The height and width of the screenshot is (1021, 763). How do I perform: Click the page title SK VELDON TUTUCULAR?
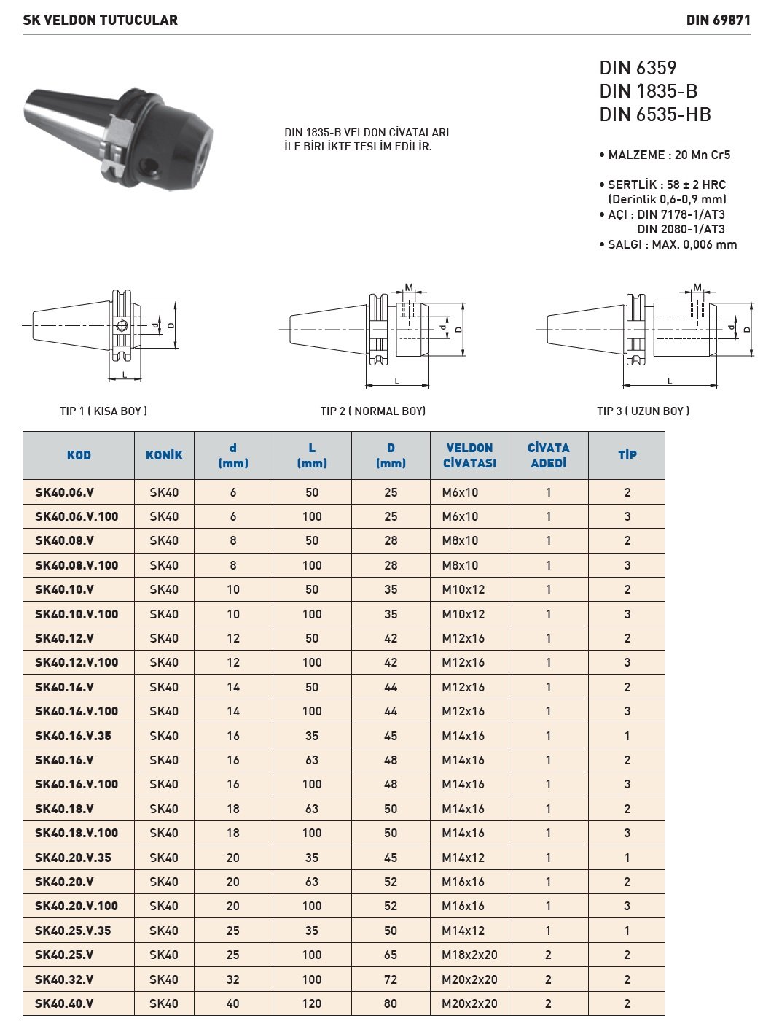pos(100,20)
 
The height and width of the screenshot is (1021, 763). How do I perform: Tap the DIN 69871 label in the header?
pos(718,20)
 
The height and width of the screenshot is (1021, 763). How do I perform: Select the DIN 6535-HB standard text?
pos(654,114)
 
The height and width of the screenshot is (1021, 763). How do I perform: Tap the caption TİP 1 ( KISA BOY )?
pos(103,411)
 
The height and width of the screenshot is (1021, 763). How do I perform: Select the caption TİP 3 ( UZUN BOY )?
pos(643,411)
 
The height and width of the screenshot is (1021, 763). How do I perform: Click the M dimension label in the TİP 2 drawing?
pos(409,287)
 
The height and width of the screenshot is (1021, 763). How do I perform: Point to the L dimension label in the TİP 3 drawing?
pos(670,381)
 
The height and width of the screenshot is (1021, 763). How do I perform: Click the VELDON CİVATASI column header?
pos(469,455)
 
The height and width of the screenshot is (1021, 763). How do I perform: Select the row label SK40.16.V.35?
pos(73,736)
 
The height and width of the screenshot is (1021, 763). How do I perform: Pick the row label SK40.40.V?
pos(64,1003)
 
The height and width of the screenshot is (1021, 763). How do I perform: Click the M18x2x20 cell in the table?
pos(469,955)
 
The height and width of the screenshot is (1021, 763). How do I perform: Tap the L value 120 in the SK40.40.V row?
pos(312,1003)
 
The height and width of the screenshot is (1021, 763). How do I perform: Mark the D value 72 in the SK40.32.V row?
pos(391,979)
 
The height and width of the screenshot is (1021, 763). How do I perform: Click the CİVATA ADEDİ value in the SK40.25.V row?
pos(548,955)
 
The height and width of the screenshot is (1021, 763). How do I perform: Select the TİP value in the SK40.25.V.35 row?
pos(627,931)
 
